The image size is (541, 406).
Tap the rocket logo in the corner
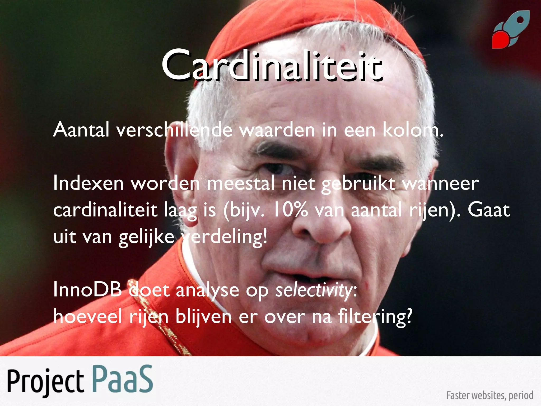511,30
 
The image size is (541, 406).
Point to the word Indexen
88,183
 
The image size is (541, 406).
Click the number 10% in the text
290,210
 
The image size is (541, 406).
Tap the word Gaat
489,210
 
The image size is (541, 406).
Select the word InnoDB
87,290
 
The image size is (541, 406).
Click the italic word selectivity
314,290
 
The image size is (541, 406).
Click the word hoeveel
87,317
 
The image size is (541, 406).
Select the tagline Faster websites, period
489,395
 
